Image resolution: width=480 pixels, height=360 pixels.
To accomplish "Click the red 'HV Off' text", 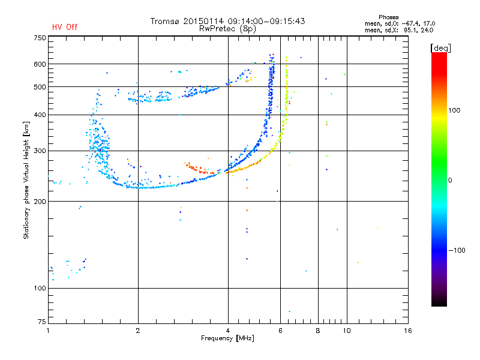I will coord(64,27).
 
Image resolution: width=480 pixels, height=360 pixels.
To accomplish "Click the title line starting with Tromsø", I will coord(227,21).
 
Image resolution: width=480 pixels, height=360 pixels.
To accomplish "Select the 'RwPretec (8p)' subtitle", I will coord(227,28).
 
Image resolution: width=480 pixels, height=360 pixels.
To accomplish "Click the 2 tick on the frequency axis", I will coord(138,331).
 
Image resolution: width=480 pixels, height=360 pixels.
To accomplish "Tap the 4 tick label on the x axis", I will coord(228,331).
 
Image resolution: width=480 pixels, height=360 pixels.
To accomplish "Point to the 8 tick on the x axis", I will coord(318,331).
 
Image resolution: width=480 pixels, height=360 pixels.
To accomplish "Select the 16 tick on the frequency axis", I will coord(407,331).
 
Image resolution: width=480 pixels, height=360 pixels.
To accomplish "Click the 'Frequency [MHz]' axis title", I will coord(227,339).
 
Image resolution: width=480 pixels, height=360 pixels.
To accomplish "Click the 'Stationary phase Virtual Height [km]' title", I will coord(26,181).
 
